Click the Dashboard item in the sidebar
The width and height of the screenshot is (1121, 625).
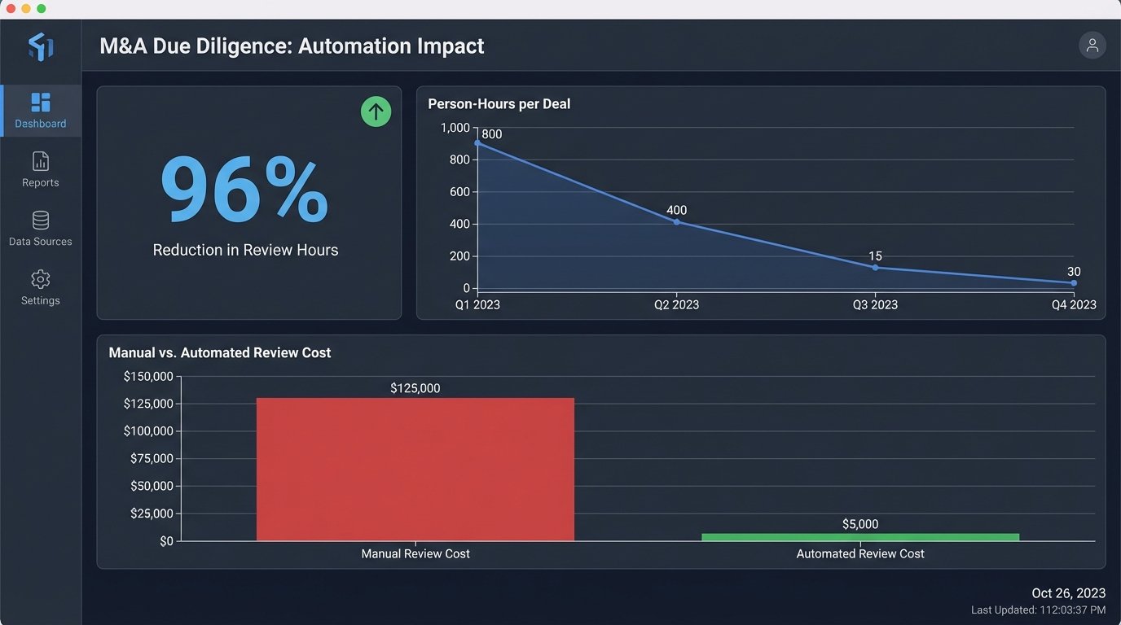40,111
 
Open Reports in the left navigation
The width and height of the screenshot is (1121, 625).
40,169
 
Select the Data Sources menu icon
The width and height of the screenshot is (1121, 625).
40,221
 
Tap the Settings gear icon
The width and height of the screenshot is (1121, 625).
40,280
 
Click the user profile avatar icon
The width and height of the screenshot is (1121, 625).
1092,46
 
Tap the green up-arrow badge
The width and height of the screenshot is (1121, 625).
376,111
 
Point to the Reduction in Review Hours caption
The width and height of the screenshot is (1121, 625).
245,250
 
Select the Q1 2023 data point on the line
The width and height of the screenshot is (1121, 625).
477,143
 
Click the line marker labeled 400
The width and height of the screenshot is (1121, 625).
676,222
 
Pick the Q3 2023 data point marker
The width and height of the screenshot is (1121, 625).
875,268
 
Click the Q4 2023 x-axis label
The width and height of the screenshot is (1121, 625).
1073,305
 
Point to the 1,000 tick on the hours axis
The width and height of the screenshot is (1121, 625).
455,128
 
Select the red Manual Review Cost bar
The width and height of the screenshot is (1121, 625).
415,469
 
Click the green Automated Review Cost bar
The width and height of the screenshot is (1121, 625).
859,537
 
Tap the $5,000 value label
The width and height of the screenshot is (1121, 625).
859,524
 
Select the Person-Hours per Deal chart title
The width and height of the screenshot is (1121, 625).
499,104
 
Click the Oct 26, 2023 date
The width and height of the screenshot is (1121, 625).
1068,593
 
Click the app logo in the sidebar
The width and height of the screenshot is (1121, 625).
40,46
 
